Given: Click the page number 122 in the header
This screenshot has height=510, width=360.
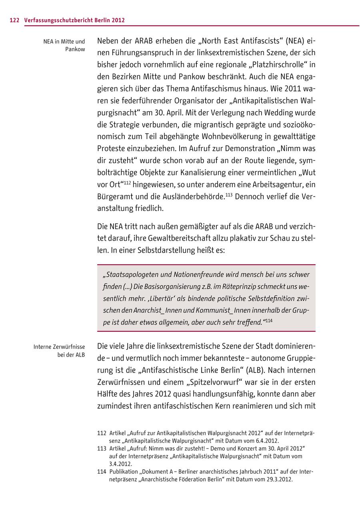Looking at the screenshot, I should [14, 20].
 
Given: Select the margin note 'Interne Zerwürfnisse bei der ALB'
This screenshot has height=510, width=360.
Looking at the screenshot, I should [59, 351].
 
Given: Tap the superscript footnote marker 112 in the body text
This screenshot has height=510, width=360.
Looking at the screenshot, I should [127, 183].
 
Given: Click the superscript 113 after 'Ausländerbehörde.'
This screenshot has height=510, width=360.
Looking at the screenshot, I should [229, 195].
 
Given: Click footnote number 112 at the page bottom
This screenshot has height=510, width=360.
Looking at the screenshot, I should [102, 433].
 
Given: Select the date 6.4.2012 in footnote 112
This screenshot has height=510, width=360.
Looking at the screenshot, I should [262, 440].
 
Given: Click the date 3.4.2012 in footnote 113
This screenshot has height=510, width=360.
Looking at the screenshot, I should [120, 464].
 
